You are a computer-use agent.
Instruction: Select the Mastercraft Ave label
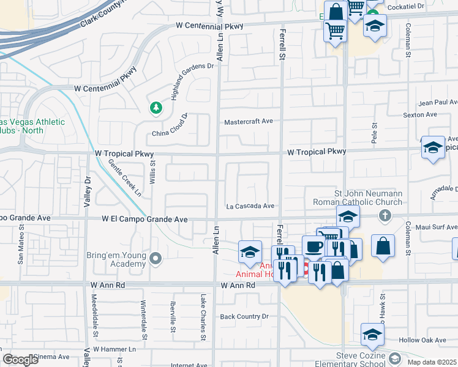248,121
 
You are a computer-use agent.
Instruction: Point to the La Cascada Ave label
250,206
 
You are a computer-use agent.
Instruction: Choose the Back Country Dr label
244,316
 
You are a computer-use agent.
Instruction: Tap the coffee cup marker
313,247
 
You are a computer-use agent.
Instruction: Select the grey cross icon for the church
384,215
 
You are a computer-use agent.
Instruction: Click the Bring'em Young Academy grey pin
156,259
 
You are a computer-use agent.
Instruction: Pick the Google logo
20,360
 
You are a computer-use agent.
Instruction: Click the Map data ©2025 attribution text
432,362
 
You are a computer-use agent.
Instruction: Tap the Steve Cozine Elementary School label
359,360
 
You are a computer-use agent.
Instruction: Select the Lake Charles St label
202,316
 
